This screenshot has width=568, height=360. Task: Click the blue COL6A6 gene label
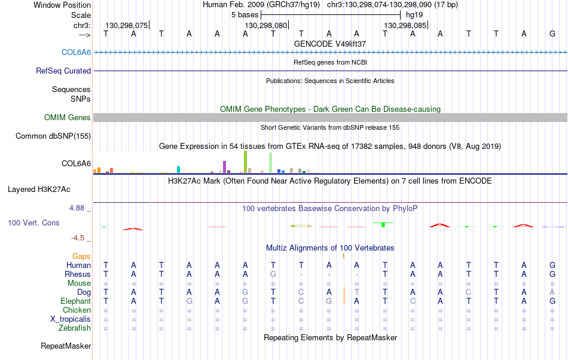coord(76,52)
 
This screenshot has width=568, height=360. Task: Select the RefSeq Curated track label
coord(63,71)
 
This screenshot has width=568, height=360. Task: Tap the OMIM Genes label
coord(68,117)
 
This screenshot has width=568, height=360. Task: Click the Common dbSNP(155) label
coord(53,136)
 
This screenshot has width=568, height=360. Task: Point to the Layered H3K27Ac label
coord(39,190)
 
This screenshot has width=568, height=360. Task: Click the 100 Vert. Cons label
coord(33,222)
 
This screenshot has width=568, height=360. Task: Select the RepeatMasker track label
coord(66,346)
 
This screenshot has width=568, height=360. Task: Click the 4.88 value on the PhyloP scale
coord(77,208)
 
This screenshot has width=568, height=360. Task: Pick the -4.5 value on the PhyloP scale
coord(78,237)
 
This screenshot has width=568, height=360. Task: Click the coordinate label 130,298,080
coord(266,25)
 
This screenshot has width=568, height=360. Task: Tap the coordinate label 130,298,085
coord(405,25)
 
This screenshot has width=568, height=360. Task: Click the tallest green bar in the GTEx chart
coord(246,162)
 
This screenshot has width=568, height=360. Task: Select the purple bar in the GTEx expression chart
coord(225,167)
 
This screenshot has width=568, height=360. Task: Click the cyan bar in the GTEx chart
coord(179,169)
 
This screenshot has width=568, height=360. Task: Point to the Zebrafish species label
coord(75,328)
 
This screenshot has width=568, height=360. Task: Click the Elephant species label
coord(76,301)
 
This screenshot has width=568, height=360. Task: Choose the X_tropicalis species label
coord(71,319)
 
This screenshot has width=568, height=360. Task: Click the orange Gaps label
coord(81,256)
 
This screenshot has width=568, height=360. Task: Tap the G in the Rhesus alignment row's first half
coord(273,274)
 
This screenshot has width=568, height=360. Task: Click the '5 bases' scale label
coord(245,15)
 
